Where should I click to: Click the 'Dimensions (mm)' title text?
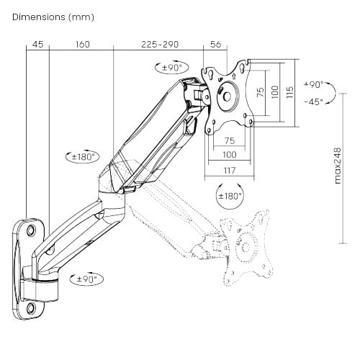53,17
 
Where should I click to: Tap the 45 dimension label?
37,45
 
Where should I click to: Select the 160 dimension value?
83,45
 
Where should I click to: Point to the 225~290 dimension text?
160,45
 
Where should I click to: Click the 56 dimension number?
215,45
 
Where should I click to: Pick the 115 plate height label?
290,92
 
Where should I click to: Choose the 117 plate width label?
230,171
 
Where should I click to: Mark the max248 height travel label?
338,166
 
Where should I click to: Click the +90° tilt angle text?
313,84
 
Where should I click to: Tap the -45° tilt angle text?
313,102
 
